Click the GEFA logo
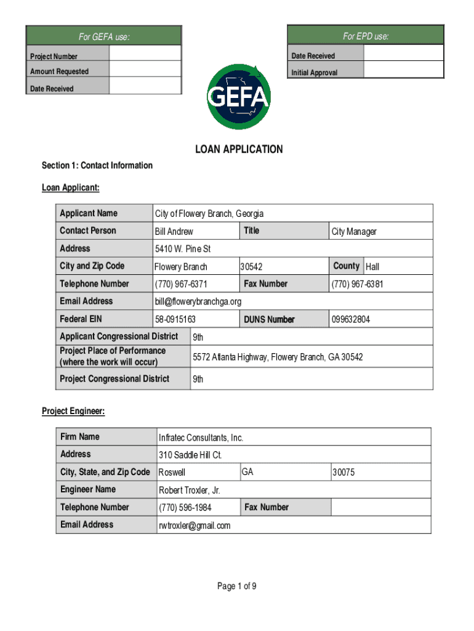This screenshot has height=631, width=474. click(238, 96)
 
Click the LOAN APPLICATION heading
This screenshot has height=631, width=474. click(239, 149)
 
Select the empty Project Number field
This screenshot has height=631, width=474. click(145, 54)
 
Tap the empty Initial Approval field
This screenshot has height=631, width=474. click(403, 70)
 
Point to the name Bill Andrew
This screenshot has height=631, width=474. click(174, 232)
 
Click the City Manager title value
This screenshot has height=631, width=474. click(354, 232)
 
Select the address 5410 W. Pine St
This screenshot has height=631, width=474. click(182, 249)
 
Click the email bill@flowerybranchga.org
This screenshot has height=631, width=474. click(198, 301)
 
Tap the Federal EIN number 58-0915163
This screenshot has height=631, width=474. click(175, 319)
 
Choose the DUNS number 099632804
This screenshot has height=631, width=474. click(351, 319)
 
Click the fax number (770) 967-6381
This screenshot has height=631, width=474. click(357, 284)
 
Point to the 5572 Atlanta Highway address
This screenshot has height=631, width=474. click(278, 357)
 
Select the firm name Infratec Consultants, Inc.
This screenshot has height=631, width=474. click(201, 438)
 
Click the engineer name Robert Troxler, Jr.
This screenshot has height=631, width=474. click(189, 491)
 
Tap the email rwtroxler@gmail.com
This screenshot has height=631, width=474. click(195, 526)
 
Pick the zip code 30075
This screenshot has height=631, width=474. click(343, 473)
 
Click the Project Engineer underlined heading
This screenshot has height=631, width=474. click(73, 411)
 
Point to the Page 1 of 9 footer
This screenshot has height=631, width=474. click(237, 586)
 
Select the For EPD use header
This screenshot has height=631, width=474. click(366, 36)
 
